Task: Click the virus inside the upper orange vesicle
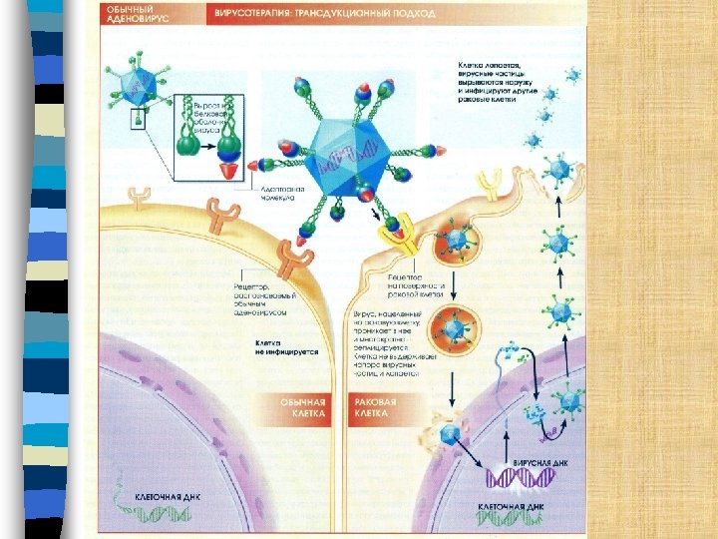[458, 240]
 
